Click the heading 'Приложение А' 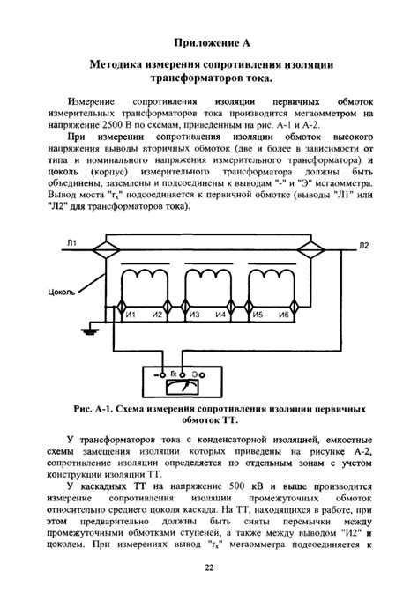(x=210, y=41)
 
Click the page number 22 (x=210, y=567)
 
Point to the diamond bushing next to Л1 (x=104, y=249)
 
